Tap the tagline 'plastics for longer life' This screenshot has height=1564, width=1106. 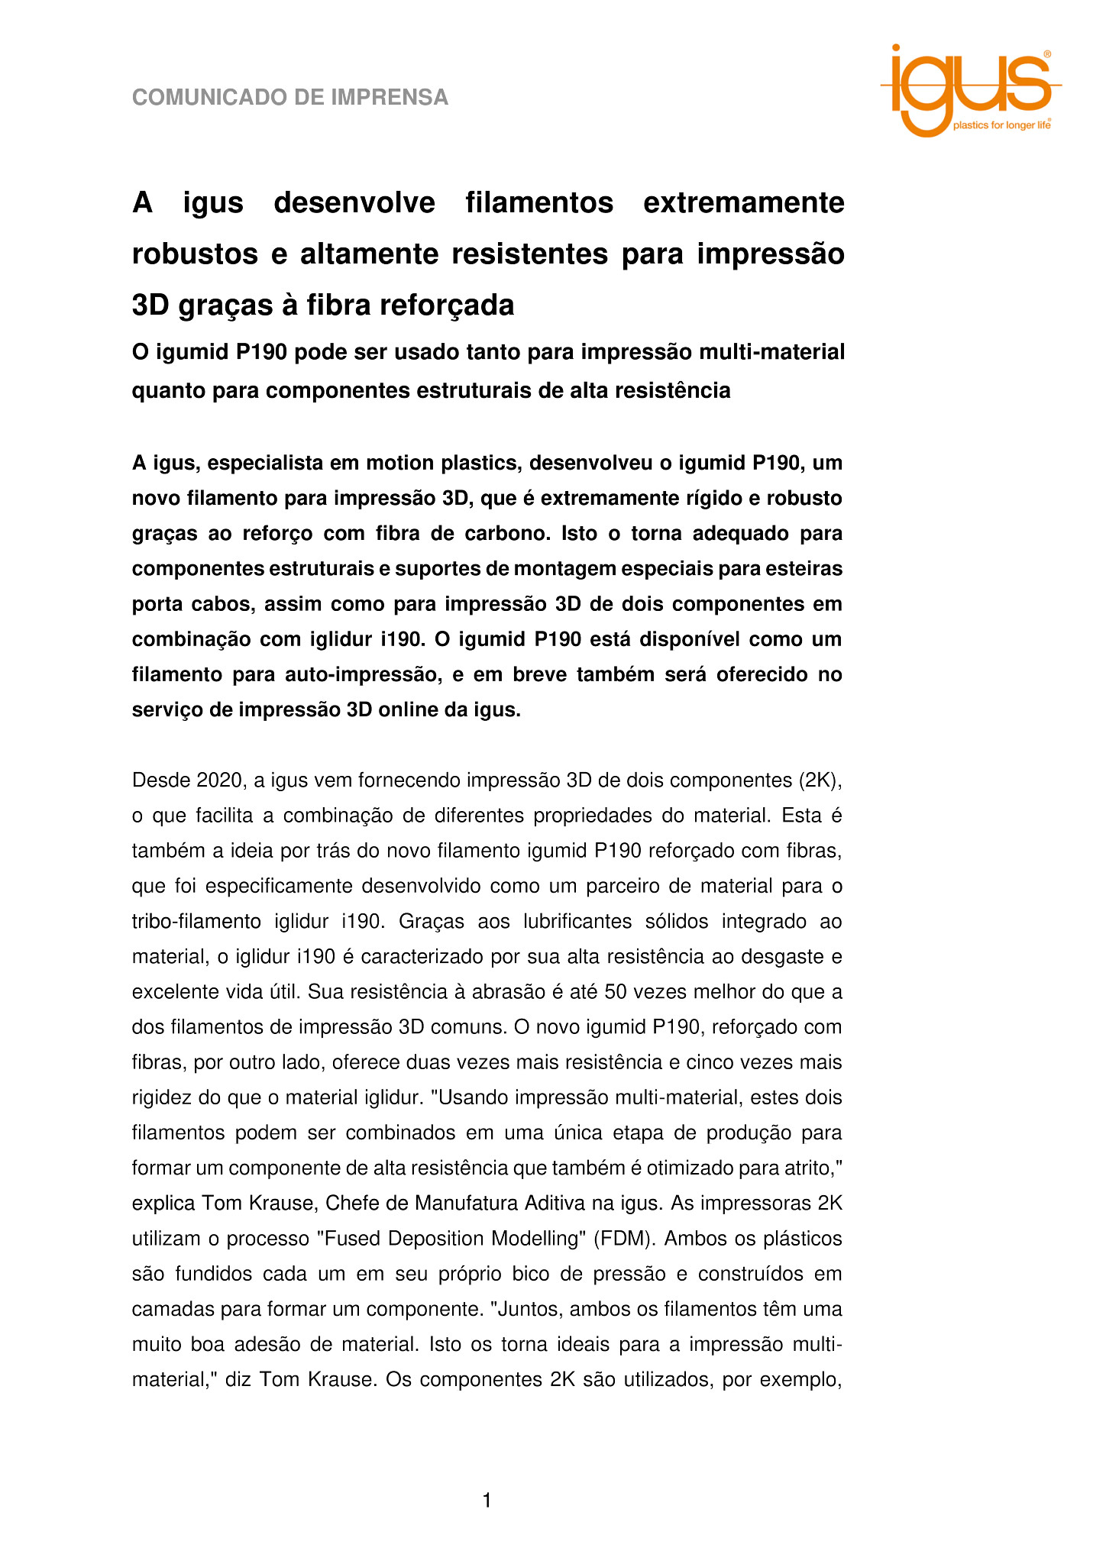tap(1001, 125)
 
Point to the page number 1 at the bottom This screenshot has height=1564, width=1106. tap(487, 1501)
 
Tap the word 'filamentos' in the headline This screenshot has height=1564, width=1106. tap(539, 203)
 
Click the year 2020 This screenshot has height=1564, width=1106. tap(220, 780)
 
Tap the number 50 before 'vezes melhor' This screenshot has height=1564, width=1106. tap(614, 992)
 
